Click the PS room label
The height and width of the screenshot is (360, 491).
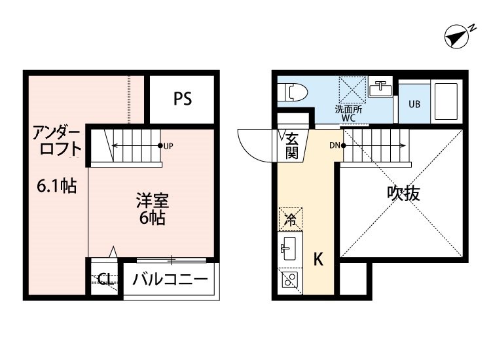(183, 99)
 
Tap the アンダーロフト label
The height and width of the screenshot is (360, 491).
(58, 140)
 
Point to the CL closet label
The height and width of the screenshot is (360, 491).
(104, 280)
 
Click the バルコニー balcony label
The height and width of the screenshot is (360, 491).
(170, 280)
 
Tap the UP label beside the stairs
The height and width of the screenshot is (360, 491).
(168, 145)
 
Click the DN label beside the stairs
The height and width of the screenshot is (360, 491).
(334, 145)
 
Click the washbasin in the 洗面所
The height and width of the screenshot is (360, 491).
(380, 89)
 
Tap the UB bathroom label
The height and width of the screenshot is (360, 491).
(414, 103)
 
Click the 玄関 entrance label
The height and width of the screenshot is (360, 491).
(292, 145)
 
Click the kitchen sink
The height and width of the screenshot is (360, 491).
(289, 248)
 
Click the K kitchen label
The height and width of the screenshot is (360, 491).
(318, 260)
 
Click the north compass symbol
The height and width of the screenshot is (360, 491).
(459, 36)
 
